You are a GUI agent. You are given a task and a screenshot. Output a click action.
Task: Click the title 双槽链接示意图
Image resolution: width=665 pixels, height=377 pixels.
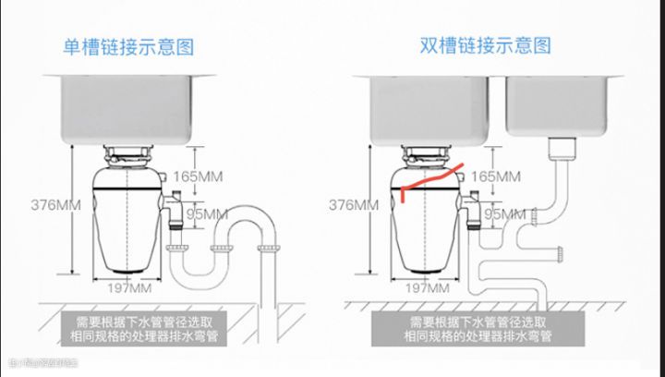coord(485,45)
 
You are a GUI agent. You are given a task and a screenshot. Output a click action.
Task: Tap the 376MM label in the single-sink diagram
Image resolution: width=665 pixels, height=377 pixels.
coord(37,203)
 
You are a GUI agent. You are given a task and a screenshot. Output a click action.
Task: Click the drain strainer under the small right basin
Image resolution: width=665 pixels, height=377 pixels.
coord(561,148)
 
